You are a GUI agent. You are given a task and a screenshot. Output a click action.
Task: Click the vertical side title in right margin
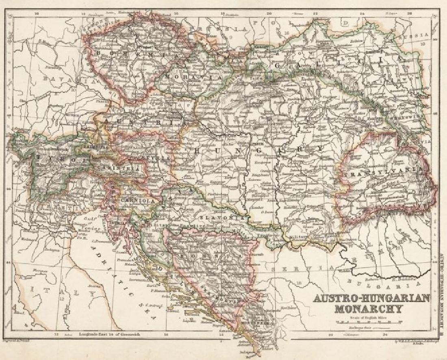click(441, 293)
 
